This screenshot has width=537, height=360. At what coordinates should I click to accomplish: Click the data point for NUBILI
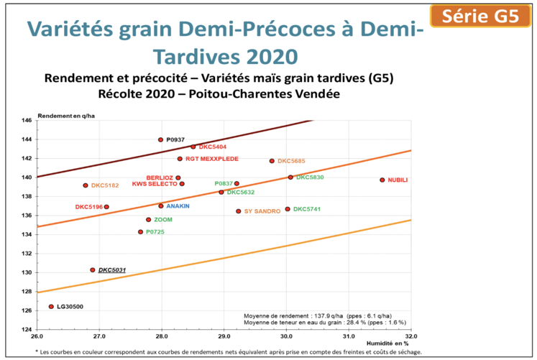pyautogui.click(x=382, y=180)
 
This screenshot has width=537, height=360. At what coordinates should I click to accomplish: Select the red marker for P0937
pyautogui.click(x=160, y=139)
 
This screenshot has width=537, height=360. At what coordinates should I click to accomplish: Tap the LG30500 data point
pyautogui.click(x=51, y=306)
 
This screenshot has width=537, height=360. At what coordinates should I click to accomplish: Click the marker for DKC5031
pyautogui.click(x=93, y=270)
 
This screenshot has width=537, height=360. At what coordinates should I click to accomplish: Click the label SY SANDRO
pyautogui.click(x=262, y=211)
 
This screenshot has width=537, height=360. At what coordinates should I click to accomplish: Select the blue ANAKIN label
pyautogui.click(x=178, y=206)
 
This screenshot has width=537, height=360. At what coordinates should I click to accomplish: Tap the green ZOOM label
pyautogui.click(x=163, y=220)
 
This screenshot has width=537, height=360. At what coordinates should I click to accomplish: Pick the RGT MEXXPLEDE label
pyautogui.click(x=211, y=159)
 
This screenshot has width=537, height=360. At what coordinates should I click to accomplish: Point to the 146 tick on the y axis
pyautogui.click(x=26, y=120)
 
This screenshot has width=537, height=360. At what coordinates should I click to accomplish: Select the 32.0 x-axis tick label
pyautogui.click(x=410, y=336)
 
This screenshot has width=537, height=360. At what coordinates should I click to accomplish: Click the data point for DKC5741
pyautogui.click(x=288, y=209)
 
